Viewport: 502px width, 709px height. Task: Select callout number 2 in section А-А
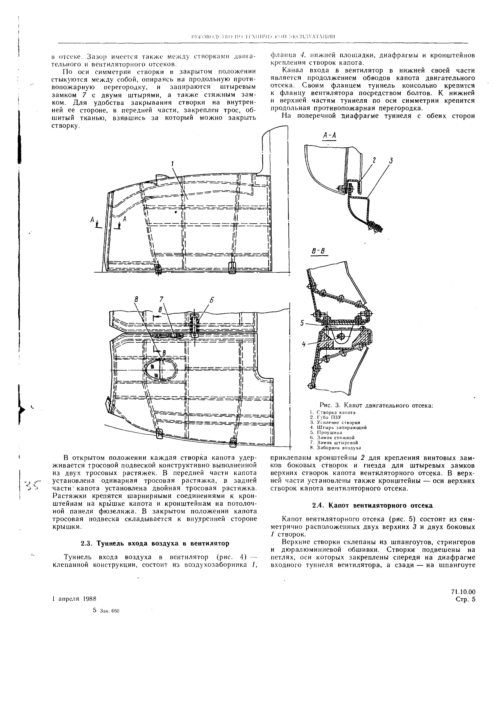[x=374, y=160]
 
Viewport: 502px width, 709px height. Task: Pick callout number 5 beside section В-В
[x=302, y=323]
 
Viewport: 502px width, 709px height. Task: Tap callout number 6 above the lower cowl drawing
[x=212, y=300]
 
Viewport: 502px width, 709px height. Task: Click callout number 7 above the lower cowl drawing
[x=161, y=299]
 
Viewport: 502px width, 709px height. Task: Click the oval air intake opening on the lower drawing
[x=161, y=369]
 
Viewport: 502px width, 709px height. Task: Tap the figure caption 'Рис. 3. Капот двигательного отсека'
[x=376, y=405]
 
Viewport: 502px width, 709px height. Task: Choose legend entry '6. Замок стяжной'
[x=332, y=437]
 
